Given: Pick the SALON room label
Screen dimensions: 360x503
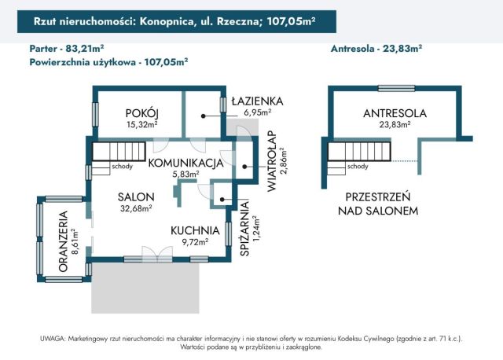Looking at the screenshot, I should [135, 197].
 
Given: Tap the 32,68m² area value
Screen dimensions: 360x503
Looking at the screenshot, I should [135, 208].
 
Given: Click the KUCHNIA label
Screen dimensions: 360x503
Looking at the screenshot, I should [194, 230].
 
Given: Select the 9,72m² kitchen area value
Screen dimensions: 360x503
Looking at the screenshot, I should [194, 242].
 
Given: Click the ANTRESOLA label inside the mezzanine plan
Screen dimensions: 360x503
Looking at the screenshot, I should [395, 113].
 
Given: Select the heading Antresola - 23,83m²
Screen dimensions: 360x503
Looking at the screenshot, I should [377, 47].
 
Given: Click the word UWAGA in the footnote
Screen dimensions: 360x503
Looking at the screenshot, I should [53, 338].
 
